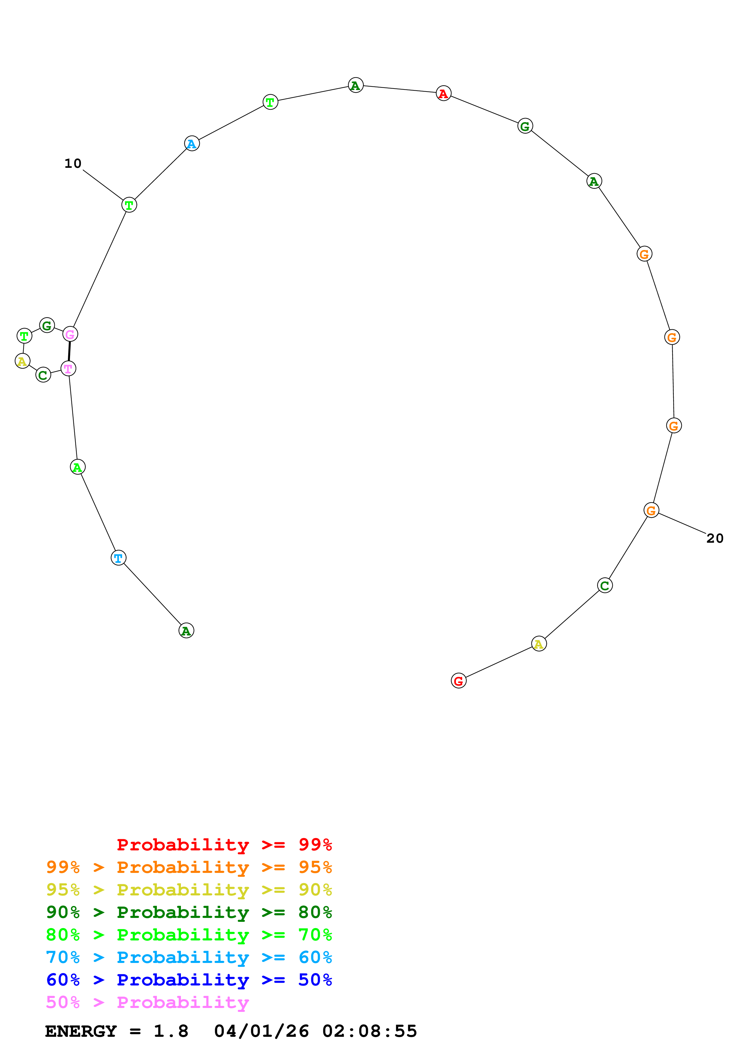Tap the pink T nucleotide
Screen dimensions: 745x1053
[69, 368]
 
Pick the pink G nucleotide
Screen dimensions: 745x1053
[70, 334]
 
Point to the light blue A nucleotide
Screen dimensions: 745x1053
[192, 143]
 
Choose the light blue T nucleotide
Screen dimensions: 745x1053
[118, 558]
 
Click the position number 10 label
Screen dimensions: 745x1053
[72, 164]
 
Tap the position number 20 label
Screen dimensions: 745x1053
[714, 539]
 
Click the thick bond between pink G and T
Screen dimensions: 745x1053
[69, 351]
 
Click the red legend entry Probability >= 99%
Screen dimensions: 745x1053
[224, 845]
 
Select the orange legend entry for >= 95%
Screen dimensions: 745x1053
[189, 867]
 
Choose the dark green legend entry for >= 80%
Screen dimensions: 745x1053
[189, 912]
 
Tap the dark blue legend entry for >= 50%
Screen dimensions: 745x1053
[189, 980]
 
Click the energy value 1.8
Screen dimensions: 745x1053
[171, 1031]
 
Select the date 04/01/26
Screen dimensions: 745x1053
[261, 1031]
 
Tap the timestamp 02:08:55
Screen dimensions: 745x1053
[370, 1031]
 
